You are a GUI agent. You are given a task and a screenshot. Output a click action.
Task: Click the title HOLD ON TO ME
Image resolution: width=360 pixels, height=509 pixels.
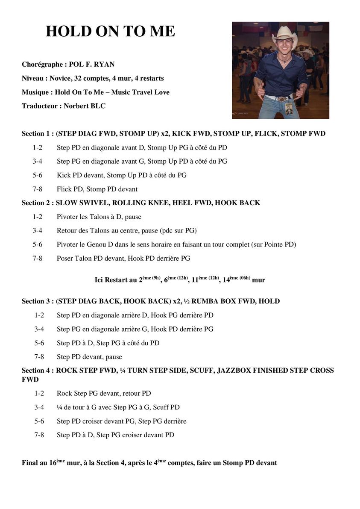(x=110, y=31)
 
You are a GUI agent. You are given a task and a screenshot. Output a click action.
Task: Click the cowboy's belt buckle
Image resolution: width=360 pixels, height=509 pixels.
(x=281, y=99)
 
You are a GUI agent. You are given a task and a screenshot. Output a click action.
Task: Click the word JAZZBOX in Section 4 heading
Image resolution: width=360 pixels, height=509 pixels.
(x=235, y=371)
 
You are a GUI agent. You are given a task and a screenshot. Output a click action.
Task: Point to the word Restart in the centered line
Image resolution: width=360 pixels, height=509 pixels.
(x=116, y=280)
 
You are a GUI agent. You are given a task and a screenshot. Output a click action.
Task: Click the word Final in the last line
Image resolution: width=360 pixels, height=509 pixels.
(x=30, y=463)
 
